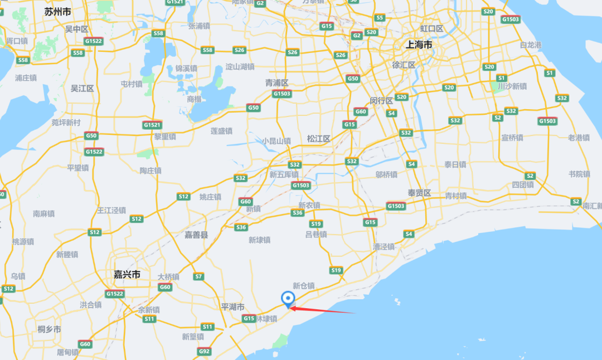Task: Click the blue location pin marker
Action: click(x=288, y=299)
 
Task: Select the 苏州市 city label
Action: click(x=59, y=11)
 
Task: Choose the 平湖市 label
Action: click(x=233, y=307)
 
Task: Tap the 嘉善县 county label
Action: click(x=196, y=235)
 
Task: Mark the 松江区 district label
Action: click(x=319, y=139)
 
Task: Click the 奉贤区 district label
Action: click(x=420, y=193)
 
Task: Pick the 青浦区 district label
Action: click(x=277, y=83)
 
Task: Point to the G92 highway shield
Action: click(x=204, y=351)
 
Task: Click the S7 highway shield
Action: click(x=199, y=276)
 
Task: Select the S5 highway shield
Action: click(x=380, y=18)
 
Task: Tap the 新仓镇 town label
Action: click(x=304, y=286)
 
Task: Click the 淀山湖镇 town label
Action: click(x=240, y=67)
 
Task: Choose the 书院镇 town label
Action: click(x=579, y=174)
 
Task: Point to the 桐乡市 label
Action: click(x=50, y=329)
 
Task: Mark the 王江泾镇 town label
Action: click(x=111, y=210)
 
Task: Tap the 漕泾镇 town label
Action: click(x=383, y=246)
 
